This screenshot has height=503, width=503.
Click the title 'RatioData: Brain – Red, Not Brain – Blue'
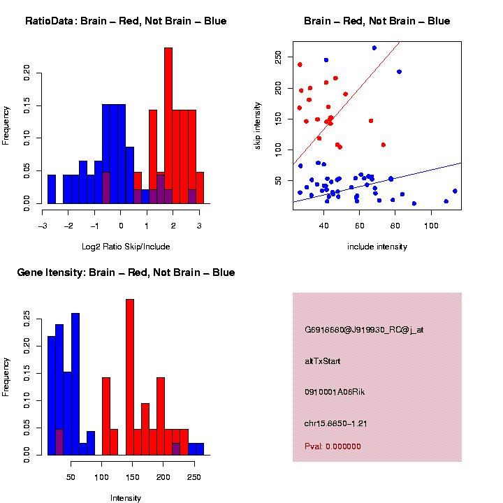pyautogui.click(x=126, y=21)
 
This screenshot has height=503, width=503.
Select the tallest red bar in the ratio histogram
pyautogui.click(x=168, y=126)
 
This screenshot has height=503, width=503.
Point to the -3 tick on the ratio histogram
pyautogui.click(x=43, y=226)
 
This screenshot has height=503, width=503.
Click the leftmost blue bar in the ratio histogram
pyautogui.click(x=52, y=189)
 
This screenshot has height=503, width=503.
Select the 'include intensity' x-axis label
pyautogui.click(x=377, y=247)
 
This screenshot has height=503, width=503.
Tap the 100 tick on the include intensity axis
pyautogui.click(x=432, y=226)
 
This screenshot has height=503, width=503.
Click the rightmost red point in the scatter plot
pyautogui.click(x=384, y=145)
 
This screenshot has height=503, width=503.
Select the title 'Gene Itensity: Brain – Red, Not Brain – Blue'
pyautogui.click(x=126, y=272)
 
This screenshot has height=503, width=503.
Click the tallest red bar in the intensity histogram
pyautogui.click(x=129, y=377)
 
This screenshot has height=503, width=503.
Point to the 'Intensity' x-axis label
pyautogui.click(x=126, y=498)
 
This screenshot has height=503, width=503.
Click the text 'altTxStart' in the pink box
pyautogui.click(x=323, y=361)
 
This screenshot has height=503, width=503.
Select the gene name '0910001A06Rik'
pyautogui.click(x=335, y=392)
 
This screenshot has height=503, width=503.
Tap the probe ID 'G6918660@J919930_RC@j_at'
pyautogui.click(x=364, y=330)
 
